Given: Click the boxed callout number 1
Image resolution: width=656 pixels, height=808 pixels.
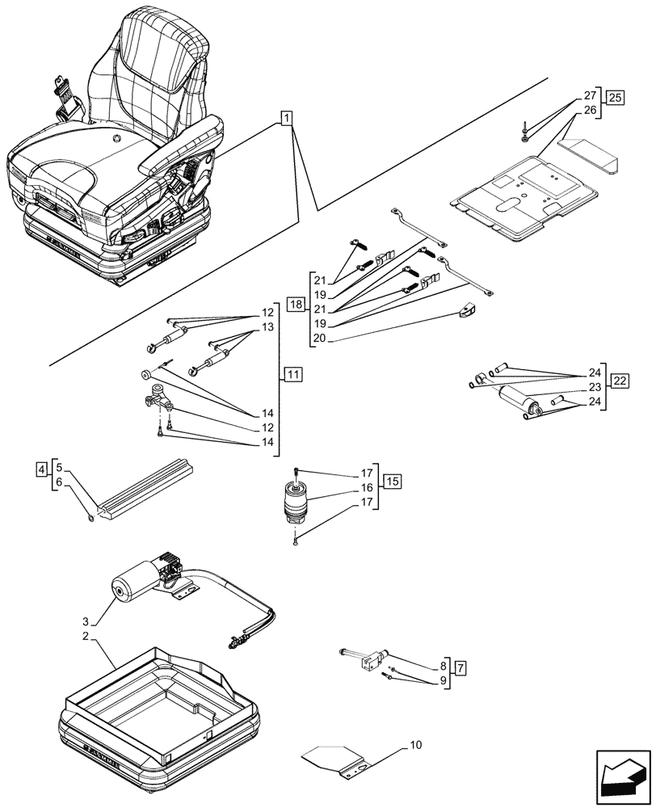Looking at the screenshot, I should tap(287, 119).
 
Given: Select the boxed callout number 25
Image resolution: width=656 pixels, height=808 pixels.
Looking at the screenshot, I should tap(616, 99).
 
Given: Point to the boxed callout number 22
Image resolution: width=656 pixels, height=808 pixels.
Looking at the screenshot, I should tap(620, 381).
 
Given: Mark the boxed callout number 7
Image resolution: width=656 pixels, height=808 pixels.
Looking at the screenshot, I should tap(460, 668).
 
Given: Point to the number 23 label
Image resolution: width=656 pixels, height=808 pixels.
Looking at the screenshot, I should tap(594, 387).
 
